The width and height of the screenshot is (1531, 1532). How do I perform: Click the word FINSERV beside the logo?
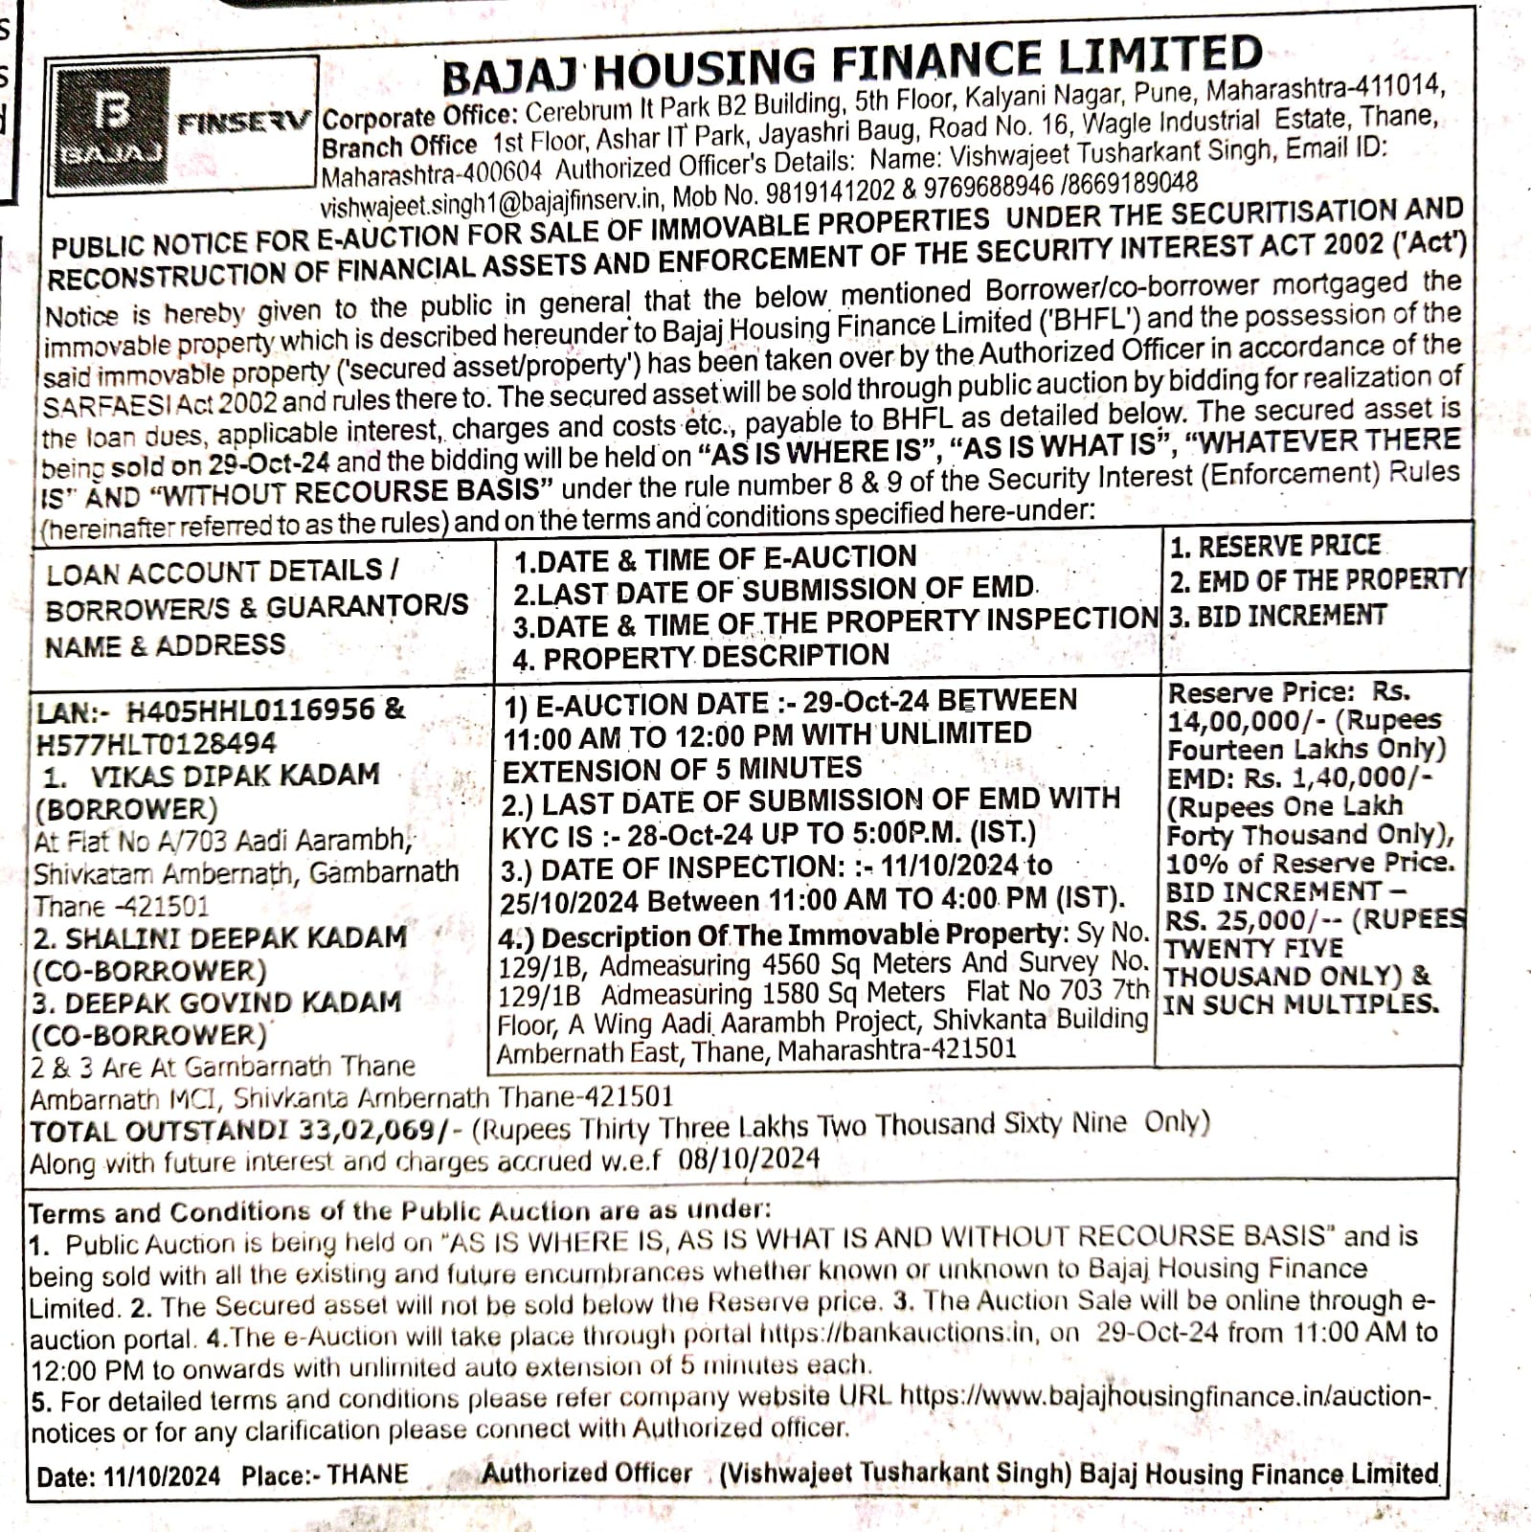tap(244, 123)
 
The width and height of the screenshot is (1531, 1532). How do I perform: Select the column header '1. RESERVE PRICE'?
tap(1274, 546)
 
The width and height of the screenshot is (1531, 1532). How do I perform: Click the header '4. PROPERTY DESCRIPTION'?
tap(701, 657)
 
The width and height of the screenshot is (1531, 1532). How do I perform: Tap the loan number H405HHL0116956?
tap(252, 710)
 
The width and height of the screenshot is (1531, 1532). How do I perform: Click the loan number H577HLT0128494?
tap(156, 744)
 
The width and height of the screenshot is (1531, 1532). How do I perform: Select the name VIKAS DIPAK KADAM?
tap(236, 774)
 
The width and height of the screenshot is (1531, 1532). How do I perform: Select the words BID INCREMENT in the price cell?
tap(1273, 891)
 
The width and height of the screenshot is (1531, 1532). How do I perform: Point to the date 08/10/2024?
tap(749, 1159)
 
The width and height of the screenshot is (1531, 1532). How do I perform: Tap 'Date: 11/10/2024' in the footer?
tap(128, 1476)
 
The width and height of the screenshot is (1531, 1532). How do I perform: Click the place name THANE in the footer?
tap(368, 1474)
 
